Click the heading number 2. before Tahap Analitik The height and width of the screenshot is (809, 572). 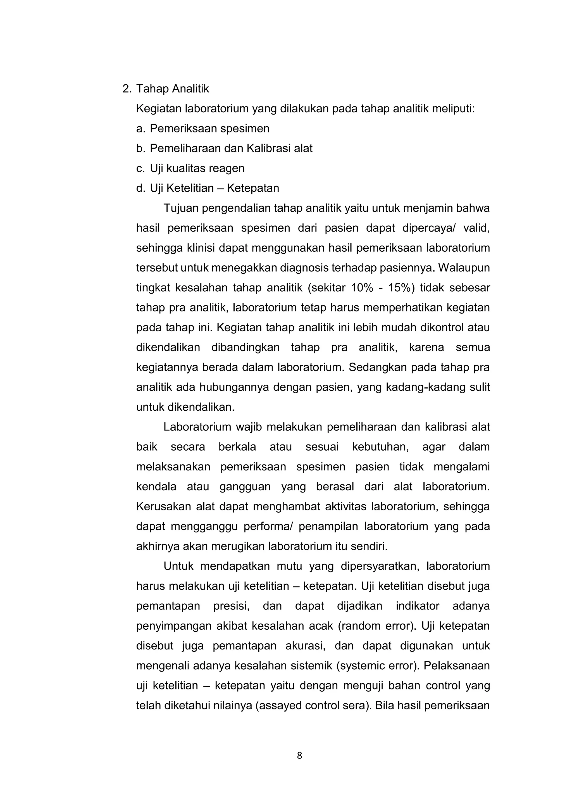pyautogui.click(x=127, y=89)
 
